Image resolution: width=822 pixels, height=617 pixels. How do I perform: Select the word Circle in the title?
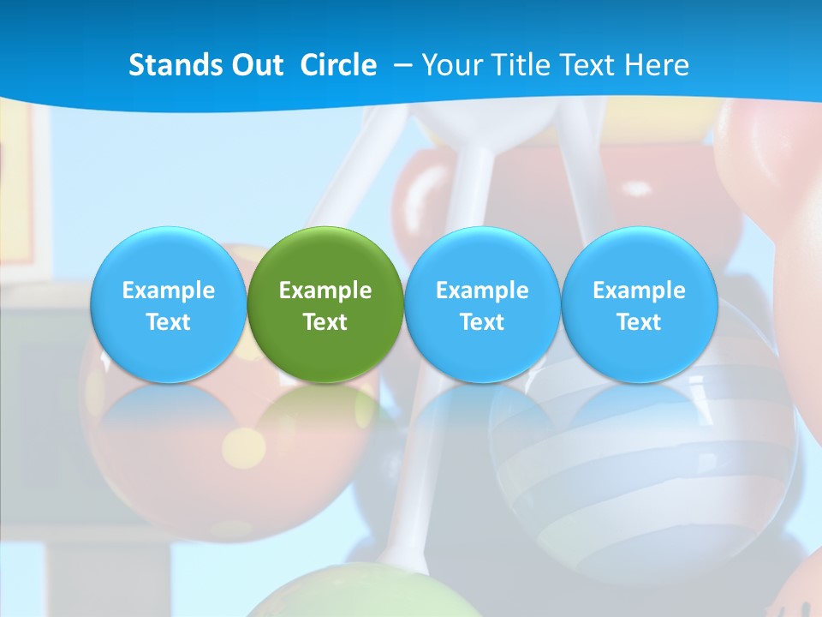[x=338, y=65]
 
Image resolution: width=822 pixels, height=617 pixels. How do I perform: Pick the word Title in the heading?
[x=519, y=65]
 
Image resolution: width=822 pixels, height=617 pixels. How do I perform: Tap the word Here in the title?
[x=657, y=65]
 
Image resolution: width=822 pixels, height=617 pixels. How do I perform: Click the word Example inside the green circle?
[x=325, y=291]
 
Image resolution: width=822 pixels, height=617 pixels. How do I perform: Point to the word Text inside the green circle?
[x=325, y=322]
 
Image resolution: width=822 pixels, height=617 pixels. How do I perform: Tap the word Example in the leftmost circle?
[x=168, y=291]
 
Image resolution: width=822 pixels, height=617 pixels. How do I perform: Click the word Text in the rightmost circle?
[x=639, y=322]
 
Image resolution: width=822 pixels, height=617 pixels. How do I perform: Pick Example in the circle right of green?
[x=482, y=291]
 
